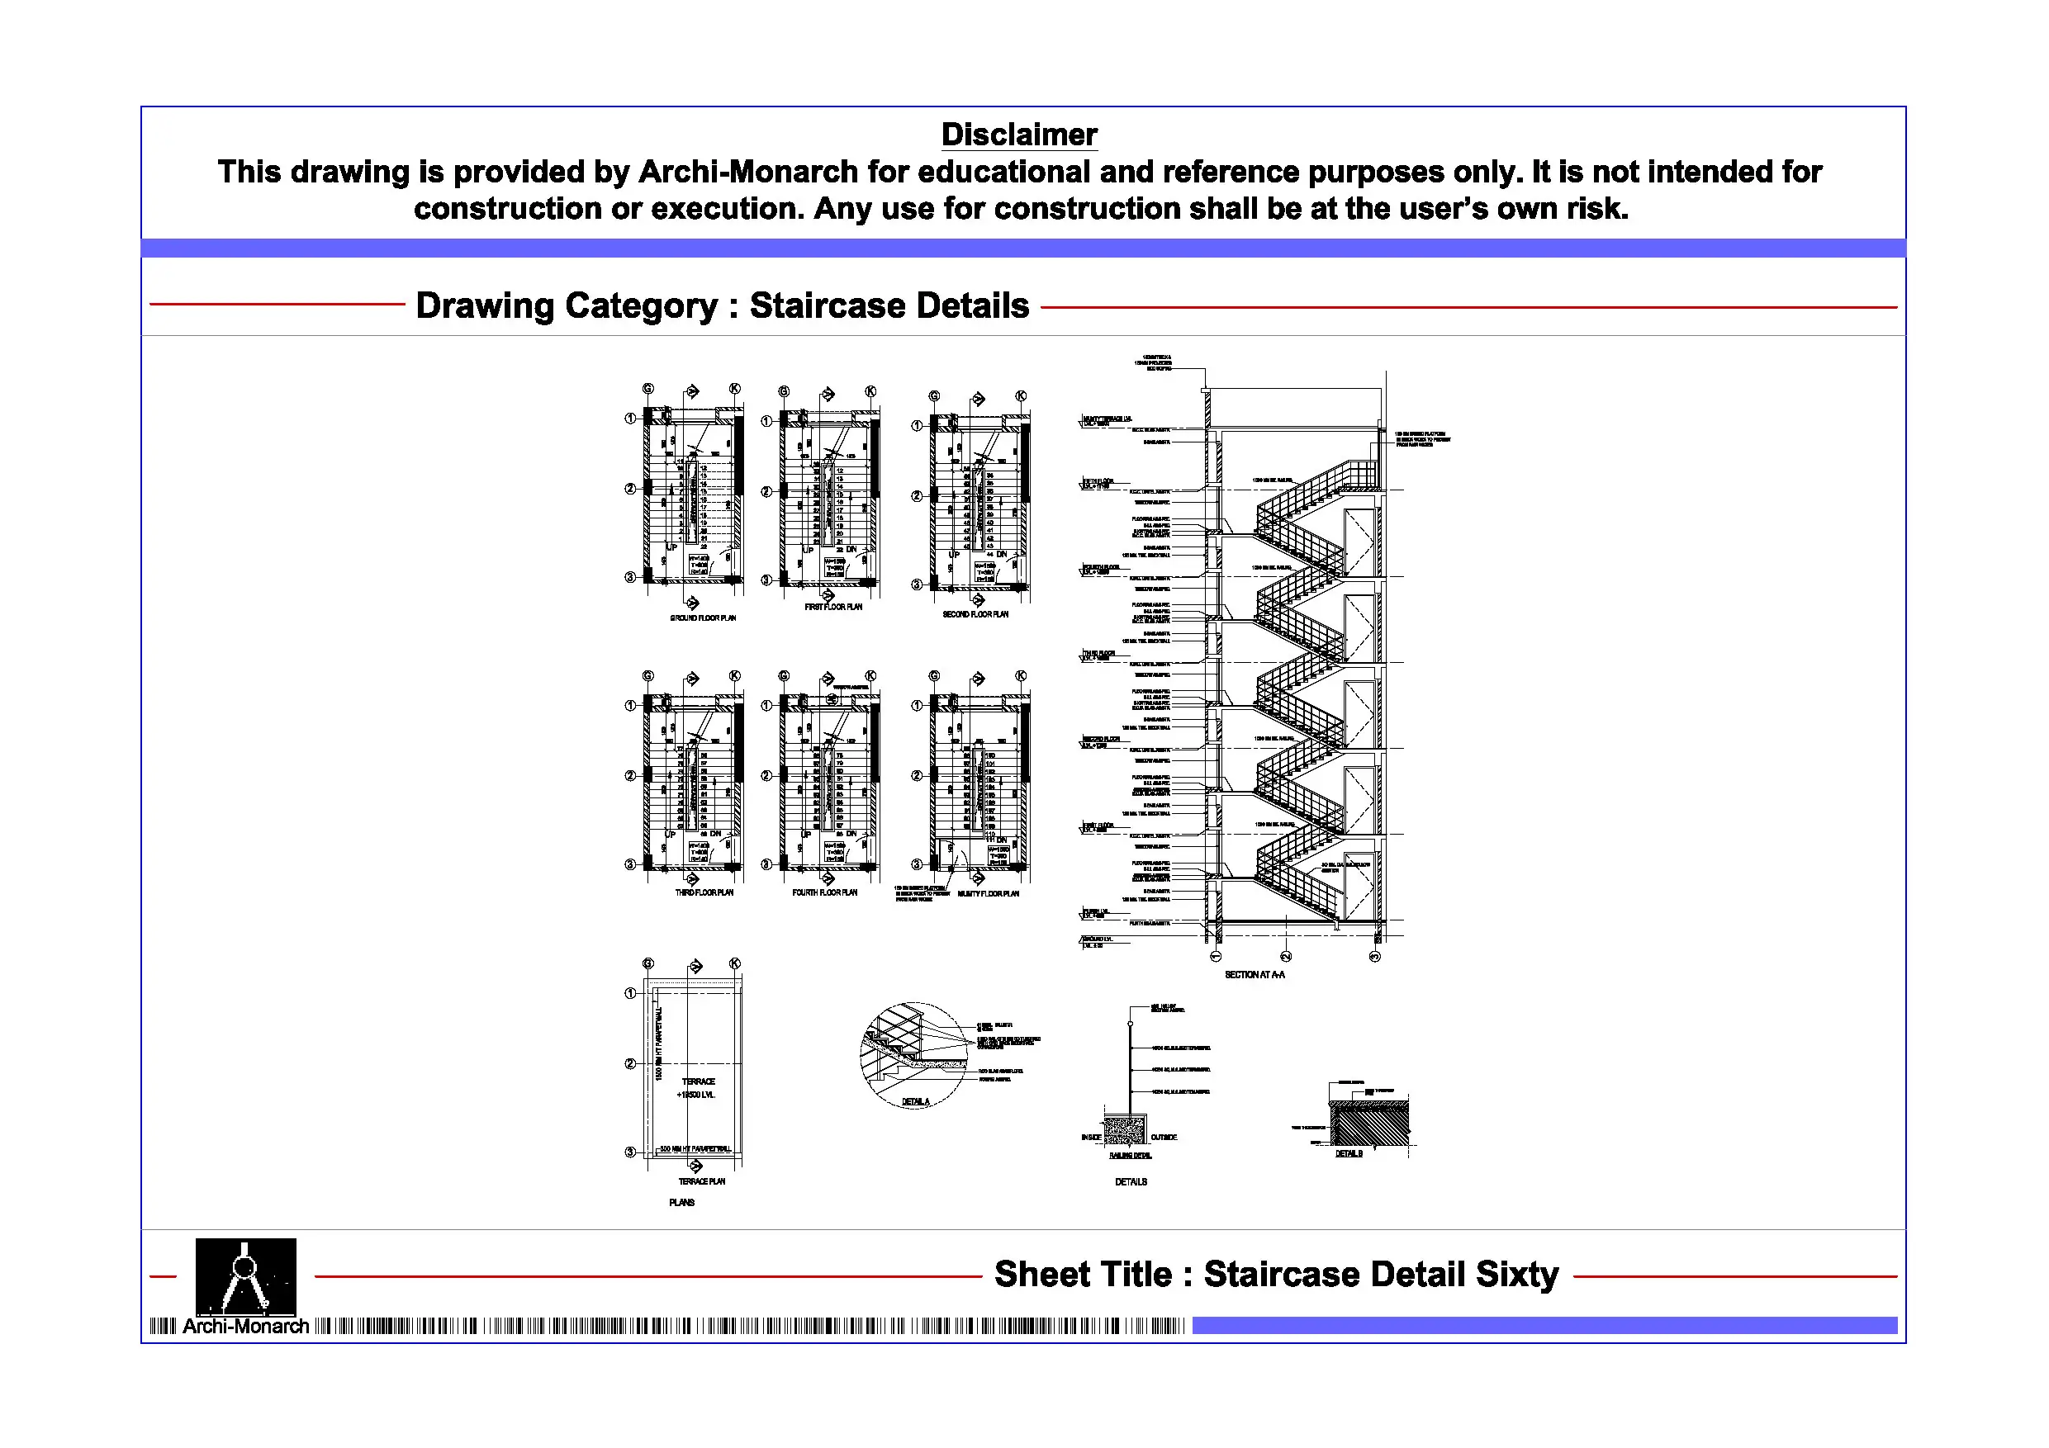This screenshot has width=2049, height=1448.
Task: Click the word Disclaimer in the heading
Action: [1019, 135]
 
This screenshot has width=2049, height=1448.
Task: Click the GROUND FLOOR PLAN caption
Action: [703, 618]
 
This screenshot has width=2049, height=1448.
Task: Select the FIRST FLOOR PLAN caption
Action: [833, 608]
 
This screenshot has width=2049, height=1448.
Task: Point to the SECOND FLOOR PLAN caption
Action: [975, 615]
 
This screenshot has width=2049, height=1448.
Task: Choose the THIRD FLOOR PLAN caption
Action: [704, 893]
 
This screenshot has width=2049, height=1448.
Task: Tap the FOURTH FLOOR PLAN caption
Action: [824, 893]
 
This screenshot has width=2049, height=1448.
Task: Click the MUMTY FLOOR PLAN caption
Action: [988, 894]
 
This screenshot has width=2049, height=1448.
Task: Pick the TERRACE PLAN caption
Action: [702, 1182]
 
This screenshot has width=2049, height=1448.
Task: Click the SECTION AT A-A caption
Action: [1255, 976]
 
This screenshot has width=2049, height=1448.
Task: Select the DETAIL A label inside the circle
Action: [916, 1102]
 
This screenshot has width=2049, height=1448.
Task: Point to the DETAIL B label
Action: [1349, 1154]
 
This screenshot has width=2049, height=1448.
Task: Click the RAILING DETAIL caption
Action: [1131, 1157]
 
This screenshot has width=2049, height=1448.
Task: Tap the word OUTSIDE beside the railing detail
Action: [1164, 1138]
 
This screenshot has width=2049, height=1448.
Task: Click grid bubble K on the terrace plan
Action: [734, 963]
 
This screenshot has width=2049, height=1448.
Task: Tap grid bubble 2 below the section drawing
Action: [1286, 957]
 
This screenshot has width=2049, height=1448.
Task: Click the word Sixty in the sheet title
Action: [1517, 1275]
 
